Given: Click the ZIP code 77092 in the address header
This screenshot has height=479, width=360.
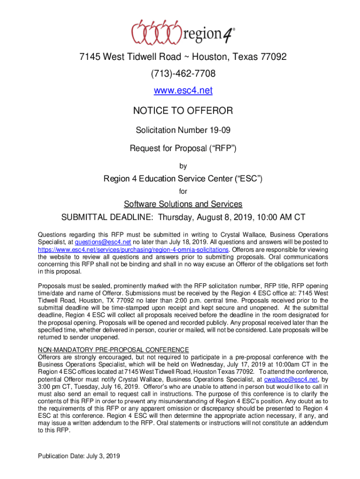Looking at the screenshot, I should tap(273, 57).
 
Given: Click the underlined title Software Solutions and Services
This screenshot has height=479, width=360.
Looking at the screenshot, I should tap(183, 204).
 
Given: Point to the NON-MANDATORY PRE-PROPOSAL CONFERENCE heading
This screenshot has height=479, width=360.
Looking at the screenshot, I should tap(113, 349).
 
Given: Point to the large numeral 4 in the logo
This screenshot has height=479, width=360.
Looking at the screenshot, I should tap(225, 34).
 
